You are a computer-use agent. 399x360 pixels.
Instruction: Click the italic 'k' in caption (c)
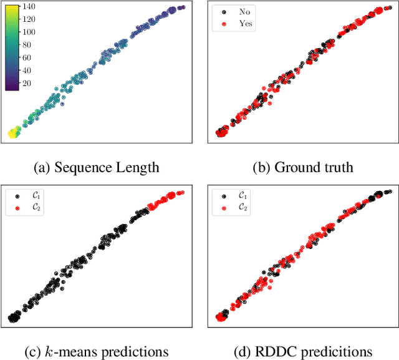coord(49,351)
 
